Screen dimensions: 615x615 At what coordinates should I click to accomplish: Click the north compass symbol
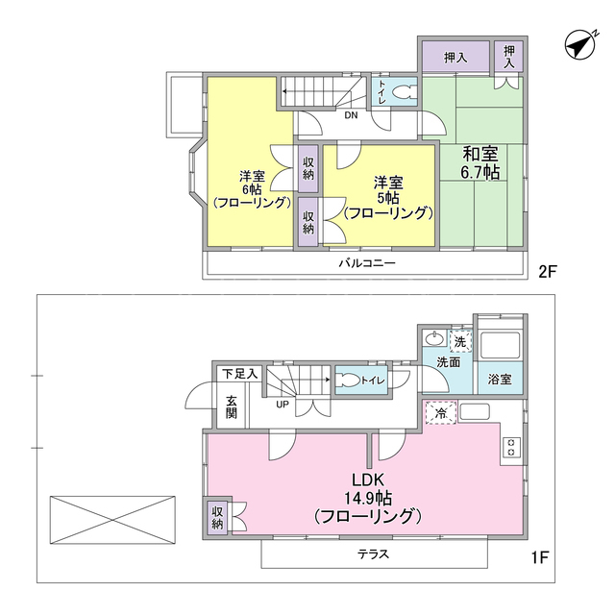(580, 45)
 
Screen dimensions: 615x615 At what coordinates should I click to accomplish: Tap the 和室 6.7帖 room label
(480, 162)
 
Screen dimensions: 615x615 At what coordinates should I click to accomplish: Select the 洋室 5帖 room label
(388, 198)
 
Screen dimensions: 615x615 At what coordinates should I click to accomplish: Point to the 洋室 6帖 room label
(252, 189)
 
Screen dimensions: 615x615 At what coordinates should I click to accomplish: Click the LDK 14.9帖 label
(368, 498)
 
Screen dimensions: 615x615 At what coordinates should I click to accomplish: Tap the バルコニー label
(367, 262)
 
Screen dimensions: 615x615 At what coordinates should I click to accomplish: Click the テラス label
(373, 553)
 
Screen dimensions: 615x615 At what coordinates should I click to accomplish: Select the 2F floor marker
(548, 271)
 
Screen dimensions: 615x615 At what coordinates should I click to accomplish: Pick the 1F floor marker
(540, 557)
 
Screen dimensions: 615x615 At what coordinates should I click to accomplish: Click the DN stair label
(351, 115)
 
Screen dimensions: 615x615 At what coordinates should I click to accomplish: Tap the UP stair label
(283, 405)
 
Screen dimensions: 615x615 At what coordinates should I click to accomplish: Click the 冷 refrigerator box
(441, 412)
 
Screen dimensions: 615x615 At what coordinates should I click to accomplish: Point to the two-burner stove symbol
(511, 447)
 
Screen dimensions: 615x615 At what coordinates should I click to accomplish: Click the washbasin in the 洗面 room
(434, 338)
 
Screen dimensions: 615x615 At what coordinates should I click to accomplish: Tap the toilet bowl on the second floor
(403, 94)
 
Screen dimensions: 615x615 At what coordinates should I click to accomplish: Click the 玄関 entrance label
(232, 407)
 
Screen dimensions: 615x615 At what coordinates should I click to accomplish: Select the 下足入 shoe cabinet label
(239, 374)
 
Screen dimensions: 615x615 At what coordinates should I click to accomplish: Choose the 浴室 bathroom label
(500, 380)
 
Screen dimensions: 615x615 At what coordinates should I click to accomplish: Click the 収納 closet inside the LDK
(217, 518)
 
